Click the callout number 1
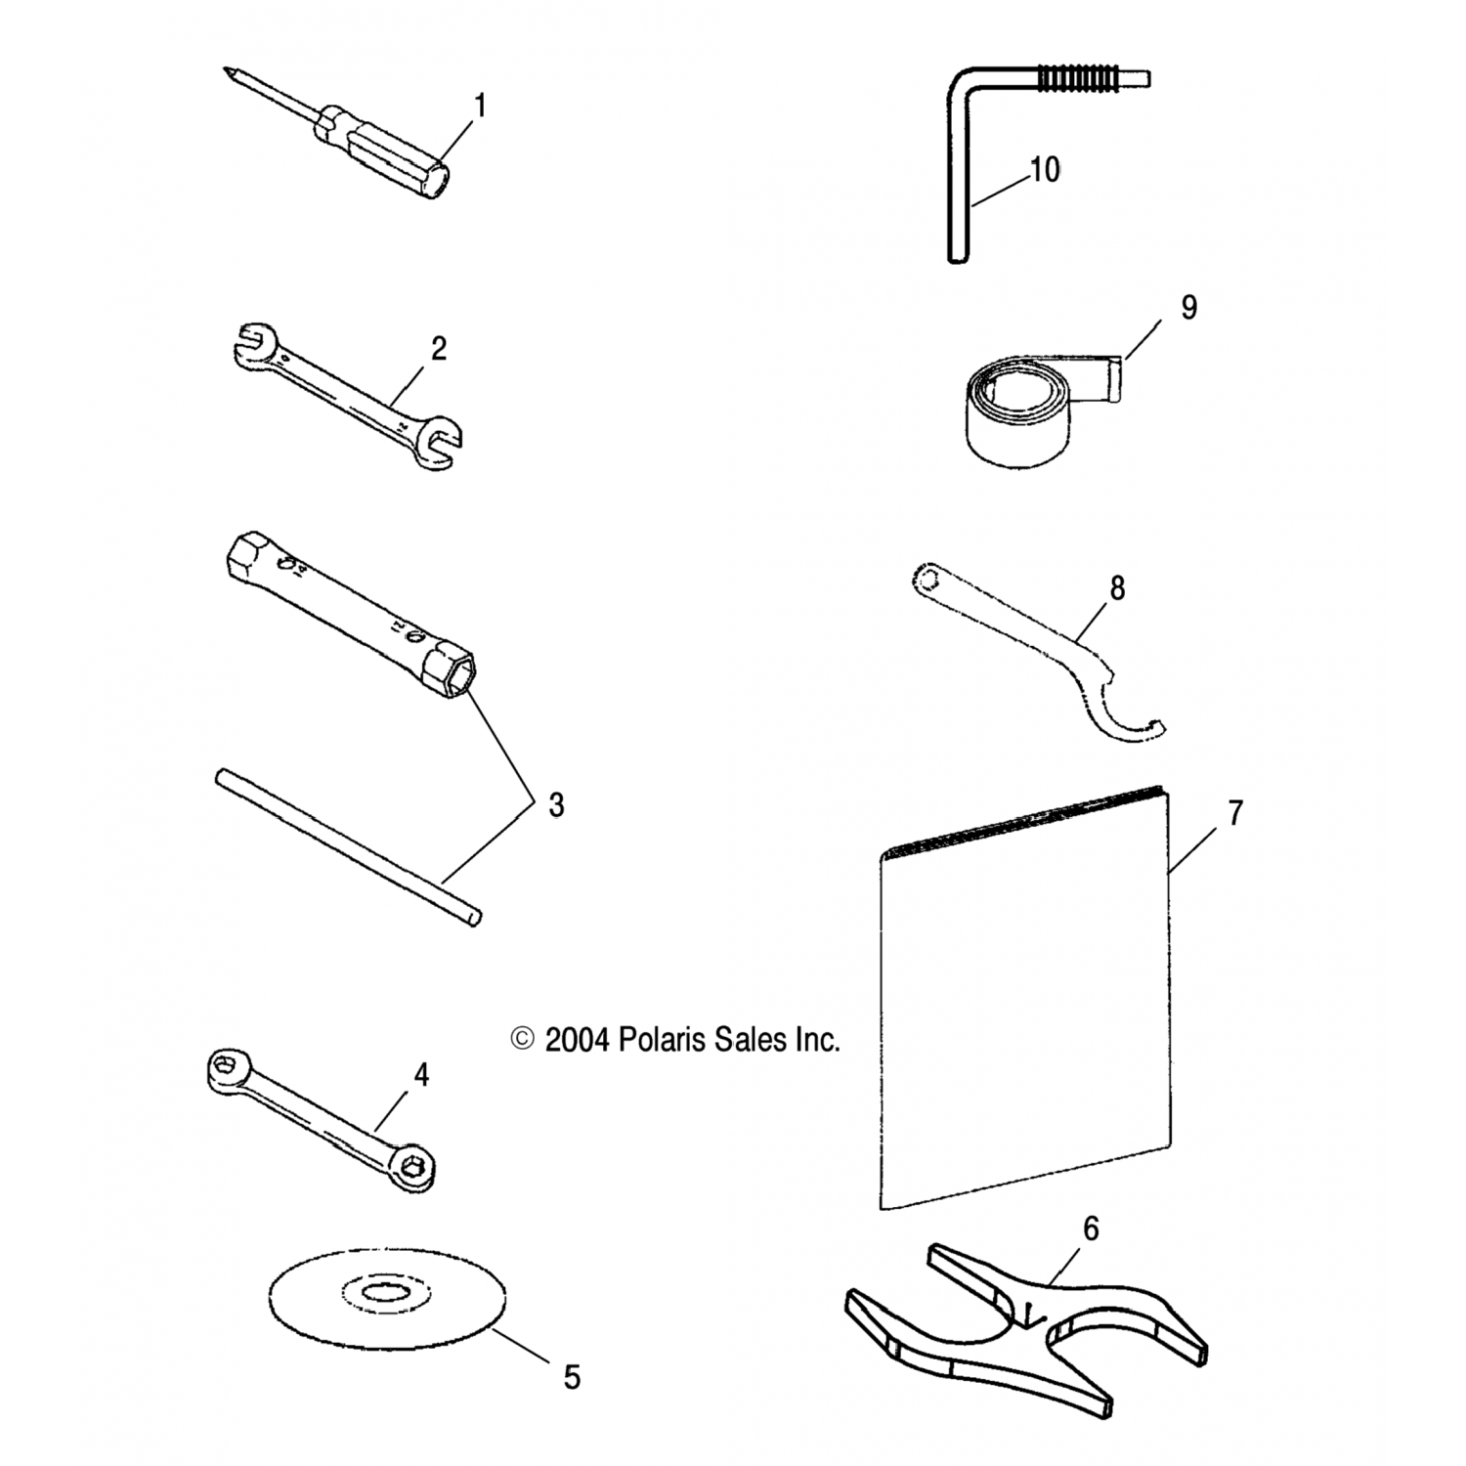coord(480,106)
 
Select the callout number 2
coord(439,349)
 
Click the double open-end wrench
coord(347,402)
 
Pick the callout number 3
coord(556,805)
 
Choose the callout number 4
coord(421,1076)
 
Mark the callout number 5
coord(572,1378)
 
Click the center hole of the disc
coord(388,1295)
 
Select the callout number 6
coord(1091,1229)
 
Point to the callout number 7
coord(1235,813)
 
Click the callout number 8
coord(1117,588)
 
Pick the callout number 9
coord(1188,308)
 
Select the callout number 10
coord(1045,170)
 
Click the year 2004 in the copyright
coord(577,1040)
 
